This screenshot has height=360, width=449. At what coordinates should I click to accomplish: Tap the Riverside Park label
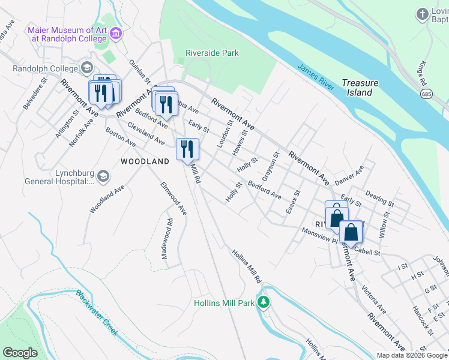(x=212, y=53)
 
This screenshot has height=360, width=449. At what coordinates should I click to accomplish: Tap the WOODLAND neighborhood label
(x=145, y=161)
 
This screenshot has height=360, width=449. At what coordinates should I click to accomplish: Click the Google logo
(x=20, y=353)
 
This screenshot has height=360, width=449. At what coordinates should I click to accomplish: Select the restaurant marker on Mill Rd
(x=187, y=149)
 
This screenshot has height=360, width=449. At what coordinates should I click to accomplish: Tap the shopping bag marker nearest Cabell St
(x=351, y=232)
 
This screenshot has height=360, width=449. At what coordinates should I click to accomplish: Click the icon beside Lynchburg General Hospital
(x=103, y=176)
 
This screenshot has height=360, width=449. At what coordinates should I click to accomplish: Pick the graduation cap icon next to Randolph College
(x=88, y=68)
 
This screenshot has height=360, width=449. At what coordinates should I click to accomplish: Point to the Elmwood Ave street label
(x=173, y=199)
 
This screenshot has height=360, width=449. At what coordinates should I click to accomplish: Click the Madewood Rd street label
(x=167, y=239)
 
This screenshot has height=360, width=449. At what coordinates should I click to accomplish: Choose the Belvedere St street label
(x=35, y=94)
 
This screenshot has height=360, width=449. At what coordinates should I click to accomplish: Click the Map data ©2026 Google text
(x=412, y=355)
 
